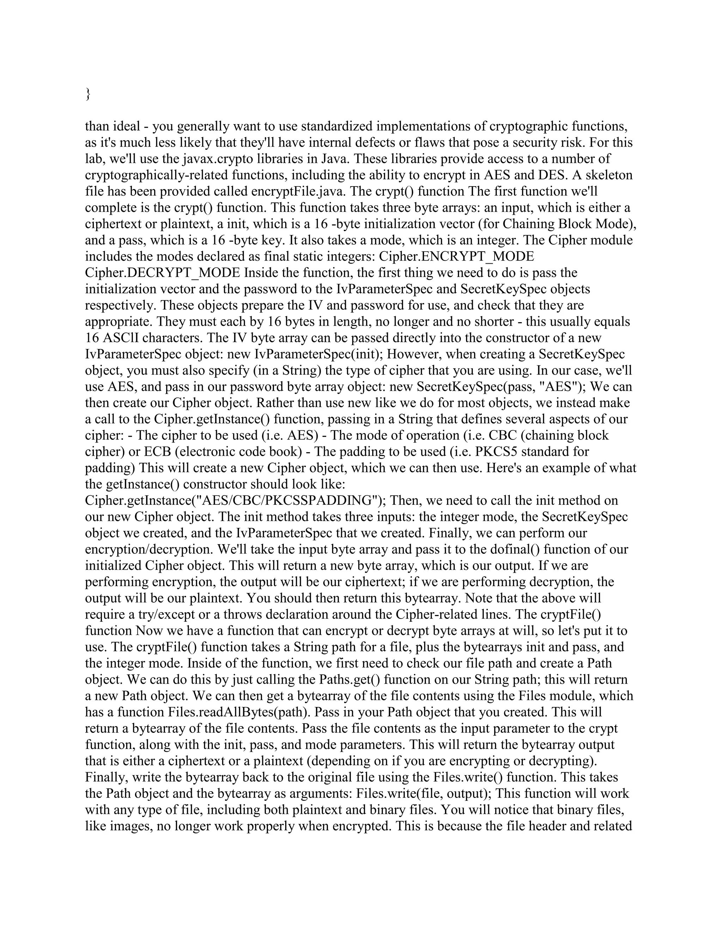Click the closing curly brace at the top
(88, 94)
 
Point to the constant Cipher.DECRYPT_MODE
(163, 272)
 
